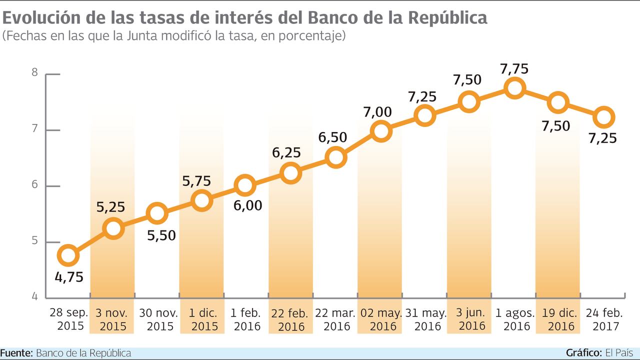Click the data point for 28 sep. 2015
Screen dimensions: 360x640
pos(68,256)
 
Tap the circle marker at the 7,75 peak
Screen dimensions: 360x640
pos(514,88)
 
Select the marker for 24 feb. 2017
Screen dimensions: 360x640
pos(604,117)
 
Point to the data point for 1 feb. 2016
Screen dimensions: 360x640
pos(245,186)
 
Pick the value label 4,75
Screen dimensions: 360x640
pos(69,277)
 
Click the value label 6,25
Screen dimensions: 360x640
pos(286,152)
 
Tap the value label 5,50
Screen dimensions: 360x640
pos(161,235)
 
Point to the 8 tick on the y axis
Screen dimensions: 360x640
pos(35,72)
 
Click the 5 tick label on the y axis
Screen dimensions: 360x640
pos(35,242)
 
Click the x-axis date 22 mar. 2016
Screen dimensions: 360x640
pos(335,320)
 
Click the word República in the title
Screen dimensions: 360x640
pos(447,17)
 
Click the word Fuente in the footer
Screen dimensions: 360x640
pos(16,353)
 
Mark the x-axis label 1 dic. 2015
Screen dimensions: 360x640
pos(202,320)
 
